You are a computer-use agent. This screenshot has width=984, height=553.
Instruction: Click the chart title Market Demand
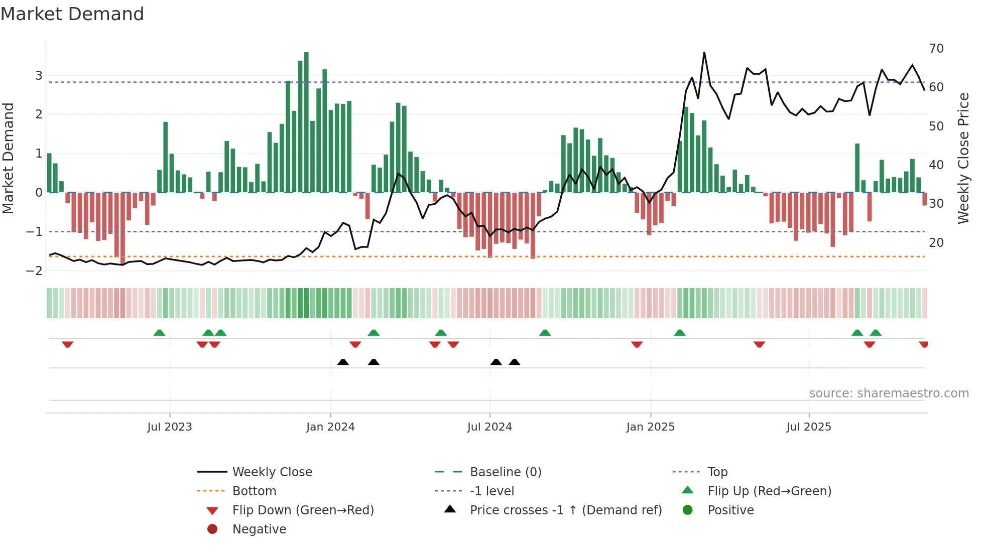pos(72,14)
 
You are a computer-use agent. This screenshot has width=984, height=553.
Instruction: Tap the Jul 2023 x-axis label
pos(169,427)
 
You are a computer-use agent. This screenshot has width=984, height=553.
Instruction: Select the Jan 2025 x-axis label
pos(650,427)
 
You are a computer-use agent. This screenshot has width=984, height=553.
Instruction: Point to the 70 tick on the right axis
pos(936,49)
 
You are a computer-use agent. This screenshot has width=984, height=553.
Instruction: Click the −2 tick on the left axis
pos(35,271)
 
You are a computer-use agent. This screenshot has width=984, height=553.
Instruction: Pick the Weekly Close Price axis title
pos(963,158)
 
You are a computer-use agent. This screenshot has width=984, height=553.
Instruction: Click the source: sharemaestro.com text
pos(889,393)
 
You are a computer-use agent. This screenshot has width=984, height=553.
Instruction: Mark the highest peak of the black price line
pos(704,53)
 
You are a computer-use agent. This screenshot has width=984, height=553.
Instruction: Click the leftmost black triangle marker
pos(343,362)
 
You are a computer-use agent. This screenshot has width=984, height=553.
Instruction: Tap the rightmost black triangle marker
pos(514,362)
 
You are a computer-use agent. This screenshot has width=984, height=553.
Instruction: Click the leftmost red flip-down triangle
pos(67,344)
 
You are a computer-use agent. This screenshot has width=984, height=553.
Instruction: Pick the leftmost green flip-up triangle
pos(159,332)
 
